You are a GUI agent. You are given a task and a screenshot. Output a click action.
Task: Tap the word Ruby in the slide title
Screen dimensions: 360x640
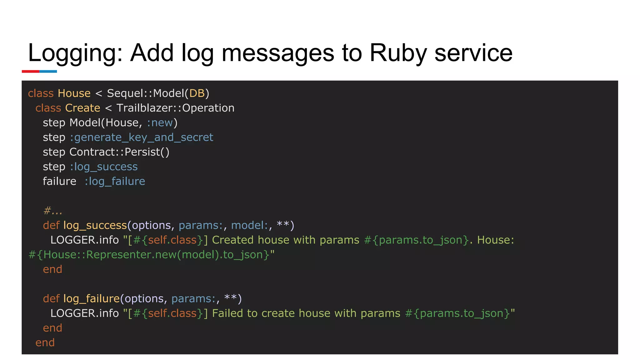coord(398,53)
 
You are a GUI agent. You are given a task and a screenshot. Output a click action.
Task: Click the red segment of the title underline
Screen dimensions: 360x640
coord(30,72)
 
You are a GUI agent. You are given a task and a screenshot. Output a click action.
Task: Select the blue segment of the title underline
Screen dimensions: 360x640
coord(48,72)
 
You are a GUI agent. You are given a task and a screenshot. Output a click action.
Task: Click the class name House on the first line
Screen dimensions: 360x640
coord(74,93)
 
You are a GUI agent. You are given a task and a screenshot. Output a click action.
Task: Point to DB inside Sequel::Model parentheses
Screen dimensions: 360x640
coord(197,93)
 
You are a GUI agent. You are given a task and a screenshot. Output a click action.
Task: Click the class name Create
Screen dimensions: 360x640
coord(82,108)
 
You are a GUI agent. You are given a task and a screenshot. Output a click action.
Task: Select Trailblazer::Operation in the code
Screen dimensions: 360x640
coord(175,108)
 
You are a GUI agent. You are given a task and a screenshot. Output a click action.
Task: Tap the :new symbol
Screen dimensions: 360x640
coord(160,123)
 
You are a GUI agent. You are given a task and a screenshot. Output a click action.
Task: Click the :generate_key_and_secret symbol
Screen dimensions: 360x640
coord(141,137)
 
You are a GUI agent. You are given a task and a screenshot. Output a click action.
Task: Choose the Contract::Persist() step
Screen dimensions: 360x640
coord(119,152)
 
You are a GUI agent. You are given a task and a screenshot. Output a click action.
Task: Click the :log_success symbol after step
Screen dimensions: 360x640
coord(103,167)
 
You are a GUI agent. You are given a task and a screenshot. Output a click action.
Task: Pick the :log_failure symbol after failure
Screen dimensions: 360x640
coord(115,182)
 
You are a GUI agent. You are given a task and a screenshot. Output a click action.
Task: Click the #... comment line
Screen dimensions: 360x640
coord(52,211)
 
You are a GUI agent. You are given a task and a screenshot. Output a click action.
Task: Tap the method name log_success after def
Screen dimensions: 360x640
coord(95,225)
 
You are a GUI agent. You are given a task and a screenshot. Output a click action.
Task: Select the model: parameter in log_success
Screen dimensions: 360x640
coord(250,225)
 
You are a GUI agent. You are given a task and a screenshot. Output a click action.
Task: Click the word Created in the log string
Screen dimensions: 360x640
coord(233,240)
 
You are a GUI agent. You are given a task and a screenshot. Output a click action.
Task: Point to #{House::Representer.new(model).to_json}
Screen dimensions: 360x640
coord(149,255)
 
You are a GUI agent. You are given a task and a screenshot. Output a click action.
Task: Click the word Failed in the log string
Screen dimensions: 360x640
coord(227,313)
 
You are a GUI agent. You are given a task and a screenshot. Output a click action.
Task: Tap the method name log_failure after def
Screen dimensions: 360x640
coord(92,299)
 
